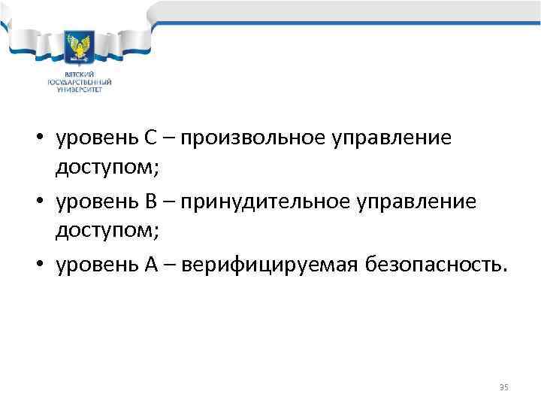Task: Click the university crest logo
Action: coord(80,47)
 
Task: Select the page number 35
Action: coord(503,387)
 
